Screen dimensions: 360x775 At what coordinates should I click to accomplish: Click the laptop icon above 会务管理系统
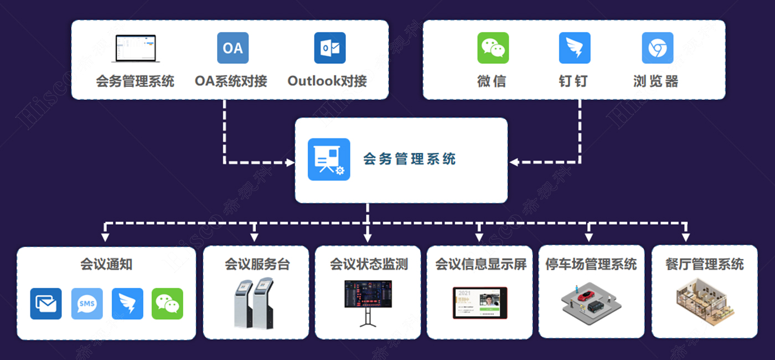(x=136, y=48)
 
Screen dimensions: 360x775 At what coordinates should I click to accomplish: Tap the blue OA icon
(x=232, y=48)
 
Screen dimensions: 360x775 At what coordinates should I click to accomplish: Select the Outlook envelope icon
(x=330, y=48)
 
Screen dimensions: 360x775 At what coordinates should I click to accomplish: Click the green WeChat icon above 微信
(x=493, y=48)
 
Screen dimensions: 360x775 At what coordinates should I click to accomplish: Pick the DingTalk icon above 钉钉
(x=575, y=48)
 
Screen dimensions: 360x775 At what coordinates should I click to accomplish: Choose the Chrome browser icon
(x=657, y=48)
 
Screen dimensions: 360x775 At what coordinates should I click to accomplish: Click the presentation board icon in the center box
(x=329, y=160)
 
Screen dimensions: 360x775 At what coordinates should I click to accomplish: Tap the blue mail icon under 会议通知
(x=46, y=304)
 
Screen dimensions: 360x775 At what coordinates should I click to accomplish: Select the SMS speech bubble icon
(x=87, y=304)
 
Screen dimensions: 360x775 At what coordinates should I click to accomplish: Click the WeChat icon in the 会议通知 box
(x=167, y=304)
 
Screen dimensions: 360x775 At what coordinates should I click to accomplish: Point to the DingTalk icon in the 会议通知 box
(x=127, y=304)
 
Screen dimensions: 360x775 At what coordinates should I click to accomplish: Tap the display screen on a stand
(x=368, y=295)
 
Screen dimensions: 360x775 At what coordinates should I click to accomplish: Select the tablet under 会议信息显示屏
(x=480, y=302)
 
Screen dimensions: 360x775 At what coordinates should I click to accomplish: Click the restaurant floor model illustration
(x=704, y=301)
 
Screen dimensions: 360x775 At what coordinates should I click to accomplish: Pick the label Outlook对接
(x=327, y=81)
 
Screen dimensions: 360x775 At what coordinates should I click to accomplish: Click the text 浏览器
(x=656, y=81)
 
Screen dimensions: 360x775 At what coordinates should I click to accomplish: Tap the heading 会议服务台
(x=257, y=264)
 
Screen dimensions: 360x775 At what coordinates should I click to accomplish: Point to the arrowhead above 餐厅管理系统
(x=685, y=238)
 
